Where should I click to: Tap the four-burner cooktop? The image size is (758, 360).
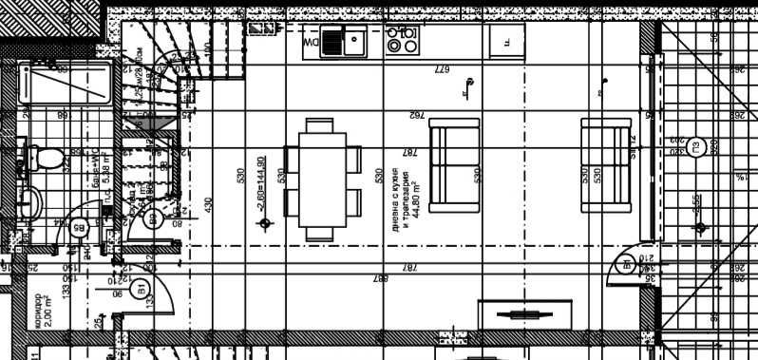401,40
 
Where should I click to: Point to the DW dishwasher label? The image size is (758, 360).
310,44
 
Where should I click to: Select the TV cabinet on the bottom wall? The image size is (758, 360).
525,315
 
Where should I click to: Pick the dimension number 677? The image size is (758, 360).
441,70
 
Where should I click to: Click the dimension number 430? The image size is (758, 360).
209,204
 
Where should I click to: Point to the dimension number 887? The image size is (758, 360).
381,278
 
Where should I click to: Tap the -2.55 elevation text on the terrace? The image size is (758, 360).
696,204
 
